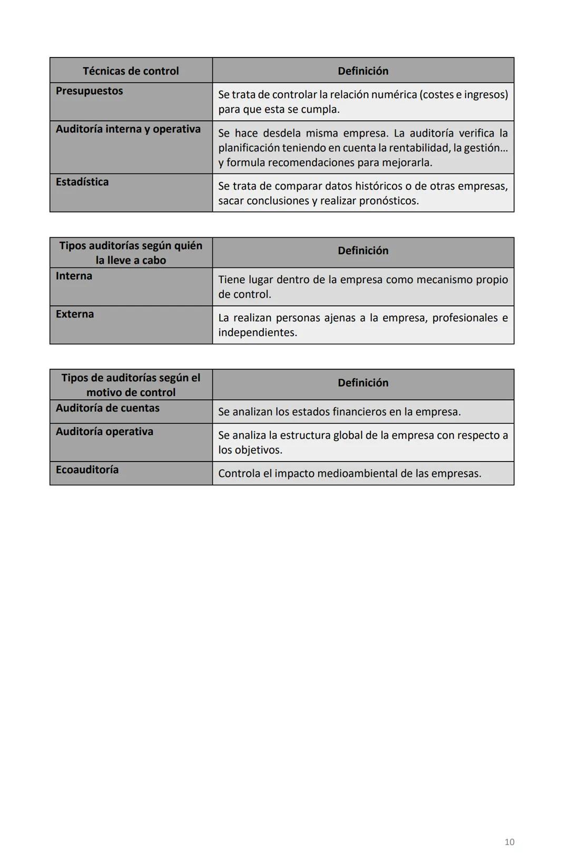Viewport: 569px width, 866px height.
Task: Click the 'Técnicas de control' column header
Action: click(x=131, y=71)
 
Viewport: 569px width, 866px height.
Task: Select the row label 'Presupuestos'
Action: click(x=89, y=91)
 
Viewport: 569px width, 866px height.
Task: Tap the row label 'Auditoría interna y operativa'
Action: click(x=128, y=129)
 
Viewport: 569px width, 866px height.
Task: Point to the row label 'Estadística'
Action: click(x=82, y=182)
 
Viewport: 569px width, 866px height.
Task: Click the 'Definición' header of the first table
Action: click(x=362, y=71)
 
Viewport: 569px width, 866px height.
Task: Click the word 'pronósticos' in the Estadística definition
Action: click(x=388, y=201)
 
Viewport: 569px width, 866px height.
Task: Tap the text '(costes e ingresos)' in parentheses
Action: click(x=464, y=94)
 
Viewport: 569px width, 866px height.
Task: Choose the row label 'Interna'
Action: click(x=74, y=276)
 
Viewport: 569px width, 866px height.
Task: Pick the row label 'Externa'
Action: click(x=75, y=314)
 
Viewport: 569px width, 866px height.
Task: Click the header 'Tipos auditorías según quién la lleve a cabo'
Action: click(x=131, y=253)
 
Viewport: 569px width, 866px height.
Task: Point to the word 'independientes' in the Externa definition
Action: click(x=257, y=333)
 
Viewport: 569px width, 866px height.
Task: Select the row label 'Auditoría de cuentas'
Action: click(x=107, y=408)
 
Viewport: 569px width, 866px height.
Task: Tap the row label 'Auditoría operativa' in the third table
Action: click(x=104, y=431)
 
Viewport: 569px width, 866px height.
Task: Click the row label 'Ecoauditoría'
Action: click(x=87, y=470)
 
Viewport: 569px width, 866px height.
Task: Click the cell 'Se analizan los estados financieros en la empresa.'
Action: click(x=339, y=412)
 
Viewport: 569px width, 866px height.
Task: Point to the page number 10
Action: click(x=509, y=842)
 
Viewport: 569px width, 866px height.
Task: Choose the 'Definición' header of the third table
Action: click(x=362, y=383)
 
